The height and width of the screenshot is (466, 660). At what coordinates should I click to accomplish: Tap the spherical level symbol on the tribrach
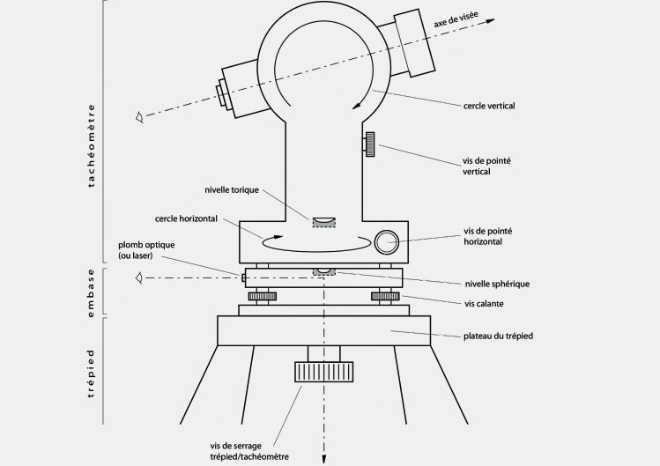pyautogui.click(x=324, y=270)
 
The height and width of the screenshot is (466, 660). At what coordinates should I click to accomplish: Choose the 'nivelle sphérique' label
pyautogui.click(x=496, y=284)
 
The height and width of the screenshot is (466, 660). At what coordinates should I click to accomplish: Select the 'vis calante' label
pyautogui.click(x=484, y=304)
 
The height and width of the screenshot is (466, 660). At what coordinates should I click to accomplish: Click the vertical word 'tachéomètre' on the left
pyautogui.click(x=92, y=146)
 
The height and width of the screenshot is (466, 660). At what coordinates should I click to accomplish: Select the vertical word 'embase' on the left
pyautogui.click(x=92, y=290)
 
